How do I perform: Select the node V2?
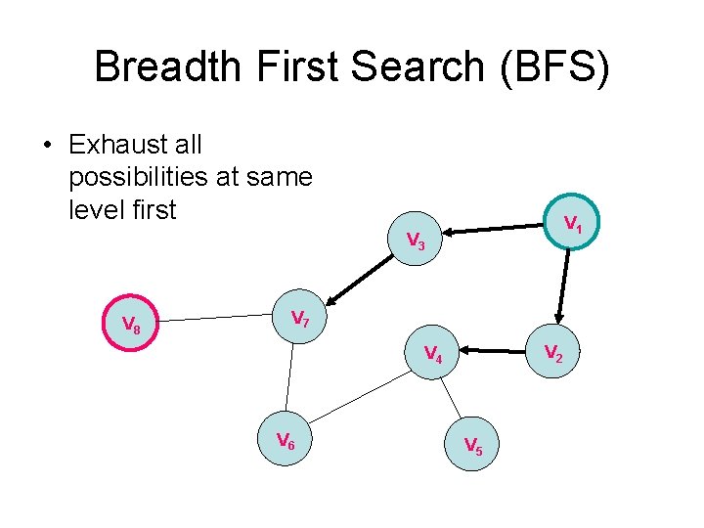click(x=552, y=352)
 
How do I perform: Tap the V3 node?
click(x=415, y=240)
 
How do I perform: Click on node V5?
click(x=472, y=446)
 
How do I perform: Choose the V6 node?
click(x=286, y=441)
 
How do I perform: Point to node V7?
click(x=300, y=319)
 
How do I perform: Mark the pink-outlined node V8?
click(x=131, y=324)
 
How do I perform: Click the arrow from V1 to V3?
click(x=495, y=230)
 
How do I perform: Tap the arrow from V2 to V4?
click(x=493, y=348)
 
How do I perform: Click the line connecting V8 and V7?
click(x=214, y=319)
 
